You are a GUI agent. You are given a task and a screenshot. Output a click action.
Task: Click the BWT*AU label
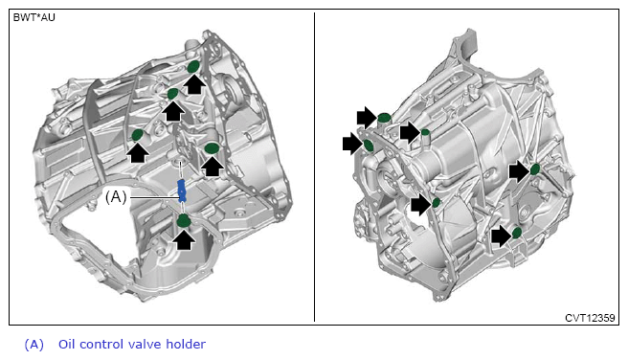[x=34, y=17]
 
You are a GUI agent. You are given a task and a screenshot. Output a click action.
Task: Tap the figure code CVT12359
[x=590, y=318]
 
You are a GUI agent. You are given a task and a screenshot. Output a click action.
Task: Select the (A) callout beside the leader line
[x=116, y=196]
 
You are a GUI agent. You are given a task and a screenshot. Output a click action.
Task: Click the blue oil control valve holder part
[x=182, y=191]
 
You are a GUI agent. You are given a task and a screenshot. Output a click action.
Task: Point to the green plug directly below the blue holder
[x=184, y=220]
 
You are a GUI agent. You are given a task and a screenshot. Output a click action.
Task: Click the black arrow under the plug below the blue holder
[x=185, y=239]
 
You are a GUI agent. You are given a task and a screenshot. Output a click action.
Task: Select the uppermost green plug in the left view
[x=193, y=67]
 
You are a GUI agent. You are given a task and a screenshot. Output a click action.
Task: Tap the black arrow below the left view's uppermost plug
[x=194, y=84]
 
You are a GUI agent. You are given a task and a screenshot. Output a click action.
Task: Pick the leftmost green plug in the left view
[x=138, y=135]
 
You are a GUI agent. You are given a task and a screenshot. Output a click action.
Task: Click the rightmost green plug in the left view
[x=211, y=148]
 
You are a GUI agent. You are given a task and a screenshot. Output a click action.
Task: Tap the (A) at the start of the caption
[x=34, y=345]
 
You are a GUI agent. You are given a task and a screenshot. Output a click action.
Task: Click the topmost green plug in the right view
[x=384, y=118]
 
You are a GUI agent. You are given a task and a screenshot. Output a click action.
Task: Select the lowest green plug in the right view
[x=517, y=233]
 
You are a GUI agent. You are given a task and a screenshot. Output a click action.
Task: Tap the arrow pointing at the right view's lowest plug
[x=502, y=236]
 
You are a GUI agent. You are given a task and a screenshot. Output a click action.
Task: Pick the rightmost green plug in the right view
[x=535, y=169]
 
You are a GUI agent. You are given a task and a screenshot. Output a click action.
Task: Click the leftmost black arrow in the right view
[x=353, y=144]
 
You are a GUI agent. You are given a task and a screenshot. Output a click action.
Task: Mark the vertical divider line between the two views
[x=314, y=167]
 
